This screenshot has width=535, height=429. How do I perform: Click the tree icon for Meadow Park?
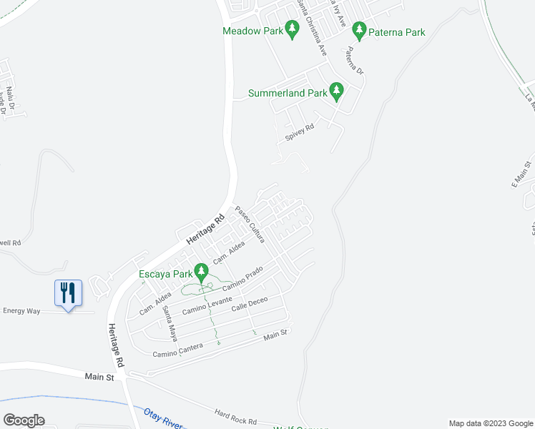tap(291, 29)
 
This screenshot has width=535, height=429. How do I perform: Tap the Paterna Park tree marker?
tap(358, 31)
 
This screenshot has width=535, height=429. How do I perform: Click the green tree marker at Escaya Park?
tap(202, 272)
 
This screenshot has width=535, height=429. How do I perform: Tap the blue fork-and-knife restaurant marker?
tap(69, 293)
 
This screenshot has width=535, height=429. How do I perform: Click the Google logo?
tap(24, 420)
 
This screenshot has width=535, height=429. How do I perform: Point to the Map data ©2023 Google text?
tap(491, 423)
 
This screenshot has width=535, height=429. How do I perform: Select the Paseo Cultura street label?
tap(250, 224)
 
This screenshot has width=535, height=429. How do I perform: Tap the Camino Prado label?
tap(246, 280)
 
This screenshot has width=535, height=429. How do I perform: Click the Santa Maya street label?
tap(169, 322)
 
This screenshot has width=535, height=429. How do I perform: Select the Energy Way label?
tap(21, 310)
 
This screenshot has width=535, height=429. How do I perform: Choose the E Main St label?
tap(520, 174)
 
